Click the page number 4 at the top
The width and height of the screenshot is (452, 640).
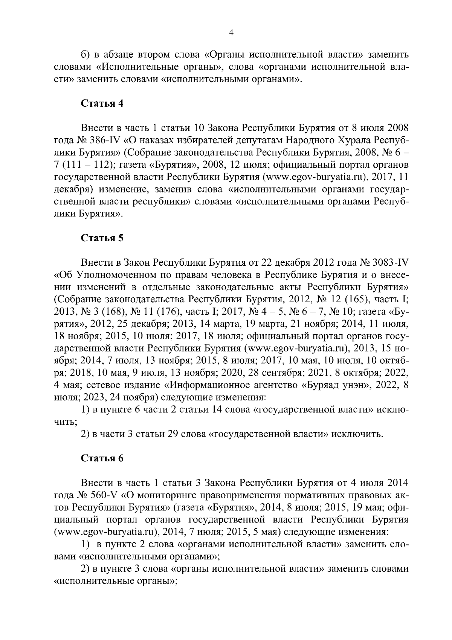231,33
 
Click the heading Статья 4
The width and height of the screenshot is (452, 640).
102,103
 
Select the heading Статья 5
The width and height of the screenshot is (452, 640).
102,238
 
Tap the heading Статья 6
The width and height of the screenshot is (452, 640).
102,458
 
